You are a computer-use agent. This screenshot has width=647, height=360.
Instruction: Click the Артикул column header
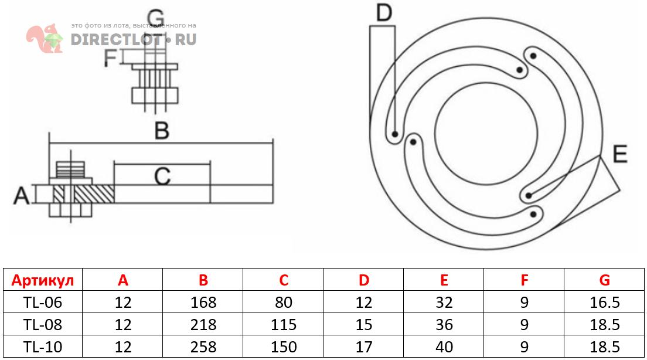pyautogui.click(x=43, y=280)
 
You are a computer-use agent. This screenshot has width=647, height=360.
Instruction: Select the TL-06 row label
pyautogui.click(x=43, y=303)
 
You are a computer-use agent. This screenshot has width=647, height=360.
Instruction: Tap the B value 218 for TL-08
pyautogui.click(x=203, y=325)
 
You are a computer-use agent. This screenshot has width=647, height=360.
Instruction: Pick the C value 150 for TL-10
pyautogui.click(x=284, y=347)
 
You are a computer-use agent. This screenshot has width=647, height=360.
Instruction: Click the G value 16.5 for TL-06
pyautogui.click(x=605, y=303)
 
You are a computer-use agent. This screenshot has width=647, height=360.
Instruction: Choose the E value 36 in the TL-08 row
pyautogui.click(x=444, y=325)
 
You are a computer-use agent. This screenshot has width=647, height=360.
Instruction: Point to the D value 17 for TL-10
pyautogui.click(x=364, y=347)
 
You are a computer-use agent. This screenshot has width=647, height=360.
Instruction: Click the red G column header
pyautogui.click(x=605, y=280)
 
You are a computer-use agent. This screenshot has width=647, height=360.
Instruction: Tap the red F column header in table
pyautogui.click(x=524, y=280)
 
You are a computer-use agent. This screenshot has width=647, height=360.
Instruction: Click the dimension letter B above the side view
pyautogui.click(x=161, y=130)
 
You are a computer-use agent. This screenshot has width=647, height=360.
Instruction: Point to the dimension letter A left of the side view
pyautogui.click(x=22, y=195)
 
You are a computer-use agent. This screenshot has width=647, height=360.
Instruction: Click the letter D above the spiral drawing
pyautogui.click(x=383, y=12)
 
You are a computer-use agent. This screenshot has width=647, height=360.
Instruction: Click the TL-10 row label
pyautogui.click(x=43, y=347)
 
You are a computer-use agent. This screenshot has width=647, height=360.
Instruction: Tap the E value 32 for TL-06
pyautogui.click(x=444, y=303)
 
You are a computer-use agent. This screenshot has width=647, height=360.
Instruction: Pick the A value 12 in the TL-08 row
pyautogui.click(x=123, y=325)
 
